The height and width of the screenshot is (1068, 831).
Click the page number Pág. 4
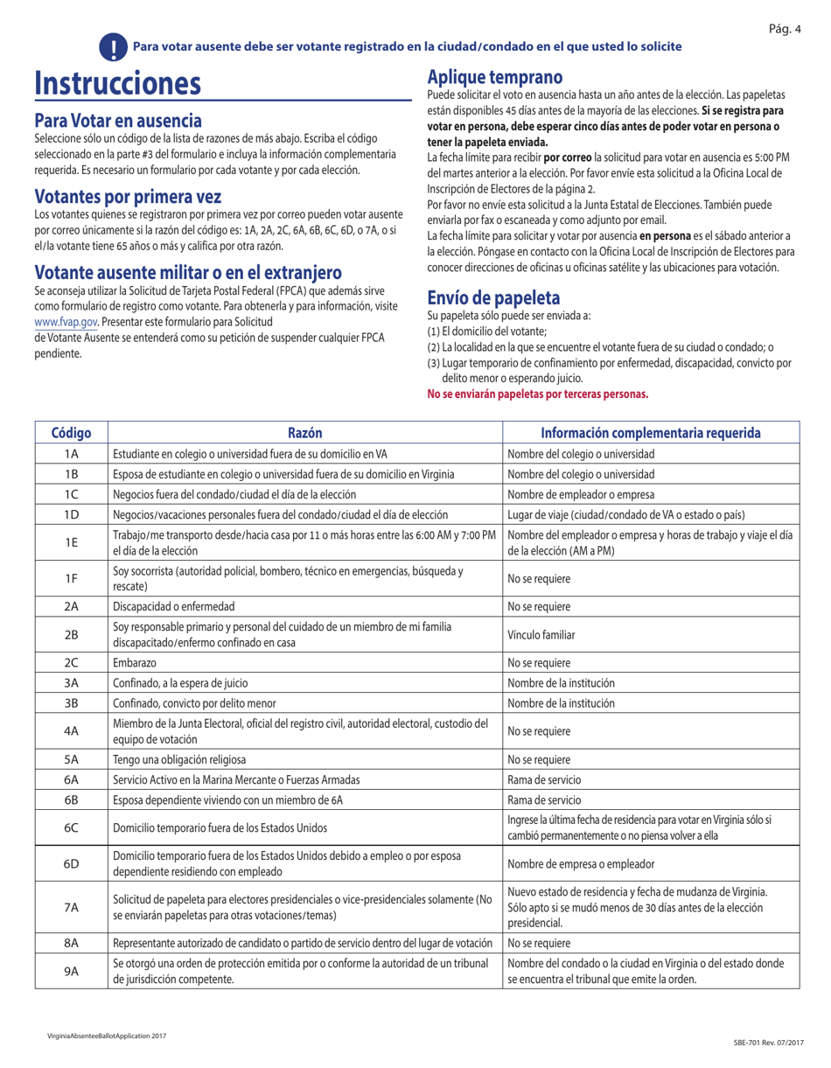point(785,30)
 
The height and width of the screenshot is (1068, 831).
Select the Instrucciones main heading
point(117,84)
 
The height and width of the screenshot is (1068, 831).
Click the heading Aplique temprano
point(494,77)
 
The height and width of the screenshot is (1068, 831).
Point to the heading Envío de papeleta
point(493,297)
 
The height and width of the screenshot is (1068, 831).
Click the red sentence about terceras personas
point(537,394)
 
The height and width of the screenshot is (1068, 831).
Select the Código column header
point(72,432)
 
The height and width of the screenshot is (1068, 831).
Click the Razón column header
point(304,432)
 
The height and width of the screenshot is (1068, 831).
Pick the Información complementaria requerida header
point(650,432)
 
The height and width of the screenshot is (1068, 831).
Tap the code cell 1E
point(72,542)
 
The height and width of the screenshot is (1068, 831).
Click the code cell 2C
point(72,663)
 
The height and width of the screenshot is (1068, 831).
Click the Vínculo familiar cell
point(538,635)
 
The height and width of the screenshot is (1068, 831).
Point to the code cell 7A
point(72,907)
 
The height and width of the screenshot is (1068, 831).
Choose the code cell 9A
point(72,971)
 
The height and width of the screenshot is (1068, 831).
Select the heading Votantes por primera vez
point(128,196)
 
